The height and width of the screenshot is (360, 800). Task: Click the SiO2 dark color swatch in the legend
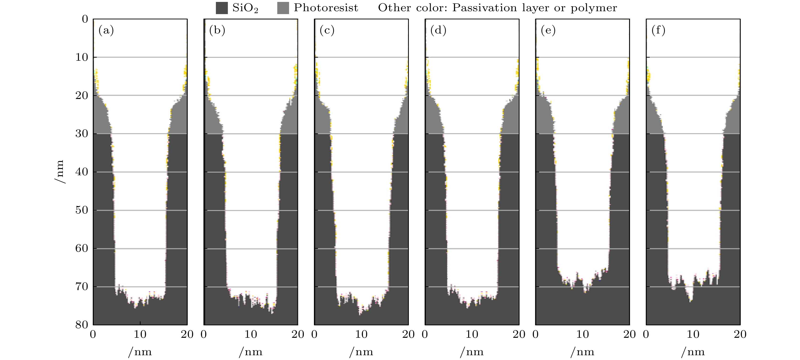[x=221, y=8]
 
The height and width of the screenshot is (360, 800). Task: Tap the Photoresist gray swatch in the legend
[x=283, y=8]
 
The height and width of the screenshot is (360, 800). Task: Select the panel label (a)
[x=106, y=30]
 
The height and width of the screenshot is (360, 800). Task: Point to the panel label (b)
[x=217, y=30]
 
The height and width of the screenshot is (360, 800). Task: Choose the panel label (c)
[x=327, y=30]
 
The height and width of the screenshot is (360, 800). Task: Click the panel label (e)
[x=548, y=30]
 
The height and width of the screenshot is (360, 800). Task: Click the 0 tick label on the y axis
[x=85, y=19]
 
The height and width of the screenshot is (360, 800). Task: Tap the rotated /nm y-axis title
[x=60, y=172]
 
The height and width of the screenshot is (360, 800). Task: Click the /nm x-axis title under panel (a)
[x=140, y=352]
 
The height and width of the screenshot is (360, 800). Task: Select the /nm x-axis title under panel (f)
[x=693, y=352]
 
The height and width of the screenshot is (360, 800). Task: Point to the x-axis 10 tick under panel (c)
[x=361, y=334]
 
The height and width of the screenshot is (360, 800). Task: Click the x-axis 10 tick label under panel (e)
[x=582, y=334]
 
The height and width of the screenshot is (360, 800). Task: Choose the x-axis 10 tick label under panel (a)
[x=140, y=334]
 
